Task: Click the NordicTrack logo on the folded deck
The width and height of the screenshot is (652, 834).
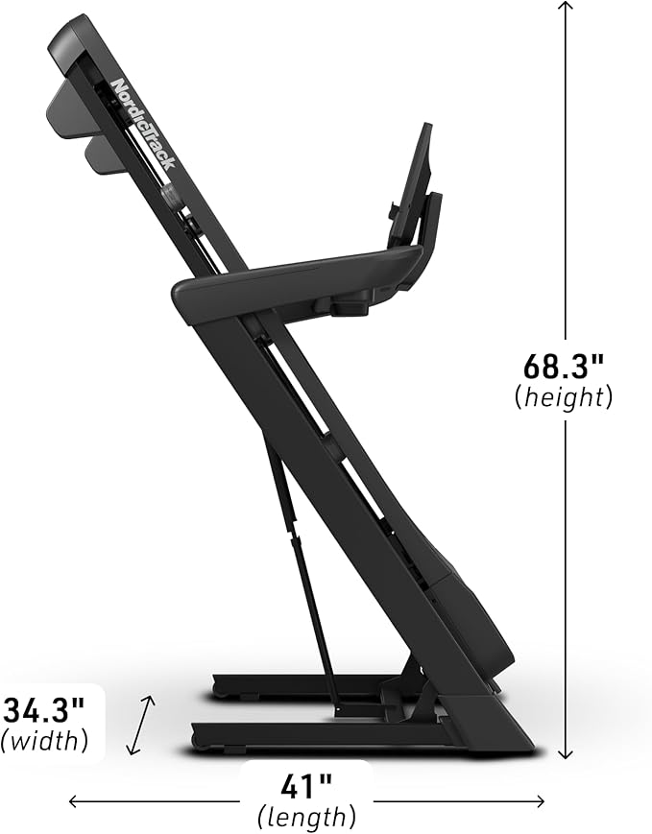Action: (x=143, y=124)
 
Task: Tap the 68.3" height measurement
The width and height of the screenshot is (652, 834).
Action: (x=564, y=366)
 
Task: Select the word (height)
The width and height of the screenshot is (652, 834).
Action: (x=564, y=396)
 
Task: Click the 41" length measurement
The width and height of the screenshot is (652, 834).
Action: (x=306, y=787)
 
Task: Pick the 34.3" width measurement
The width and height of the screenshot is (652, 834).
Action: (x=44, y=710)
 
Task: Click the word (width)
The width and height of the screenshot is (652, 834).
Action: (x=44, y=740)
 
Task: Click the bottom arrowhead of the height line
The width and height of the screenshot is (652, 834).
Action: (x=566, y=754)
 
